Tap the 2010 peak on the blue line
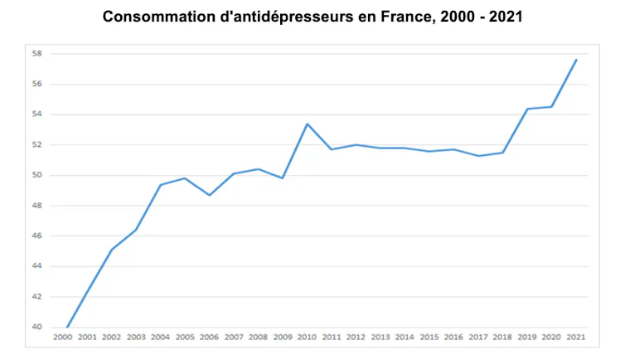point(308,124)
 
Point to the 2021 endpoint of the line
point(576,60)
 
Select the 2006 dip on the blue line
point(209,195)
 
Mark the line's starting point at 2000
point(67,328)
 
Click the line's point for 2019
point(527,109)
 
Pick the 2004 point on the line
point(160,185)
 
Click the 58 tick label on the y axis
point(36,53)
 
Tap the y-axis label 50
point(36,175)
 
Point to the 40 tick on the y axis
point(36,327)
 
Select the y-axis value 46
point(36,236)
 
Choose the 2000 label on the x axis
point(62,338)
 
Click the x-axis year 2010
point(307,338)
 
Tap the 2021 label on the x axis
point(576,338)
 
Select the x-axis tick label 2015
point(429,338)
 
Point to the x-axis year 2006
point(209,338)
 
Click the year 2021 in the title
point(506,17)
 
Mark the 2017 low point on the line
point(478,156)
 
